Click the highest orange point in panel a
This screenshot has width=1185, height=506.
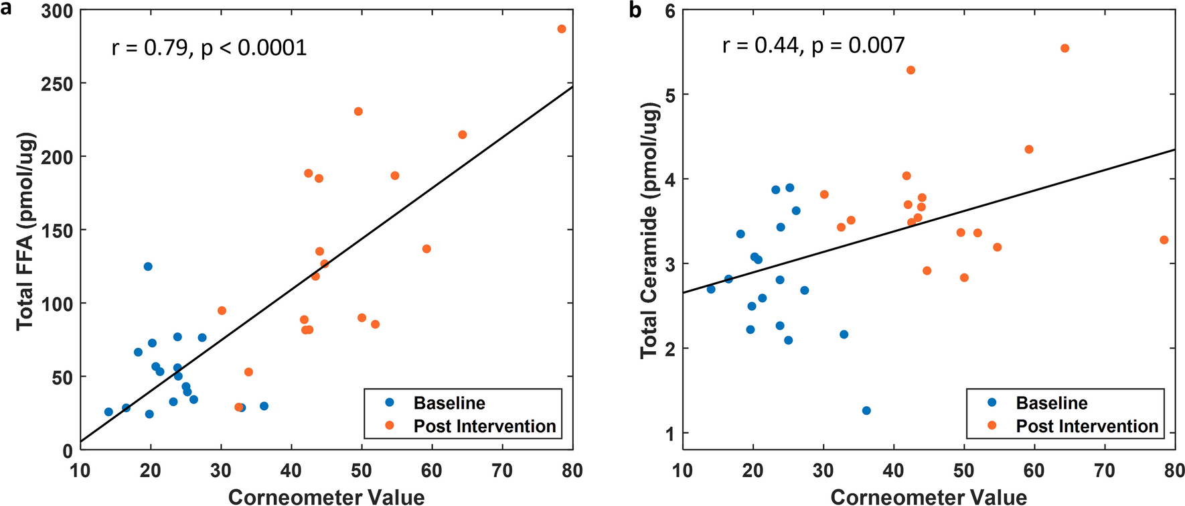coord(561,29)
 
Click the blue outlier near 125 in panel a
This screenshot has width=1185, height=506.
coord(148,267)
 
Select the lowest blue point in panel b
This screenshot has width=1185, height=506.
coord(866,410)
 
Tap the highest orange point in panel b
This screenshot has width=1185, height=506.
coord(1064,48)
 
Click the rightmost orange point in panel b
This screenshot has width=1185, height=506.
coord(1164,240)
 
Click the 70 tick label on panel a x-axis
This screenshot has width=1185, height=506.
coord(502,470)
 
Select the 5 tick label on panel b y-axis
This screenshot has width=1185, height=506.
coord(669,95)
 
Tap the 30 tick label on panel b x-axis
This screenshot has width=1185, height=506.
coord(823,470)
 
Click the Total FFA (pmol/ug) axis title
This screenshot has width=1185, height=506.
coord(25,231)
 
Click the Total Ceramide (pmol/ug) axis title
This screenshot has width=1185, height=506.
coord(648,231)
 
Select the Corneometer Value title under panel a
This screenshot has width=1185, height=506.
coord(326,497)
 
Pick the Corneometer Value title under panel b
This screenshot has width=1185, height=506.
coord(929,497)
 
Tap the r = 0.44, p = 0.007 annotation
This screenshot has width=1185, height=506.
coord(813,45)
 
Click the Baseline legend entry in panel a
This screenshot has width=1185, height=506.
coord(449,403)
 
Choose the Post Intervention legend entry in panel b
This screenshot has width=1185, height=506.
coord(1087,426)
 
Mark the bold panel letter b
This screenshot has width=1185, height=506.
coord(635,9)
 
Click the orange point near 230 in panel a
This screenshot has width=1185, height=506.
coord(358,111)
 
